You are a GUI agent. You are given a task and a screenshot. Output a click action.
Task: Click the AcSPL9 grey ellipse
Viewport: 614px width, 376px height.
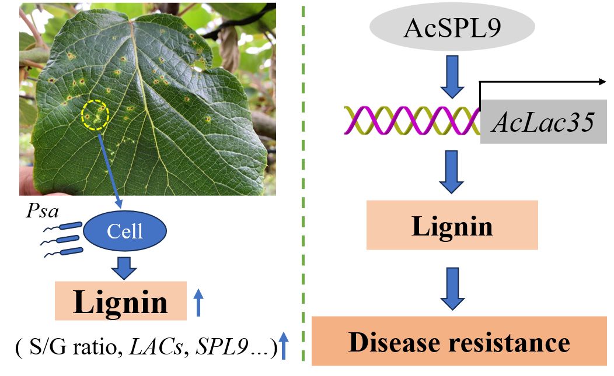point(452,29)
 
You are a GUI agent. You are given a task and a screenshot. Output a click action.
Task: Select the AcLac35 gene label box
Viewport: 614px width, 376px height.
point(543,122)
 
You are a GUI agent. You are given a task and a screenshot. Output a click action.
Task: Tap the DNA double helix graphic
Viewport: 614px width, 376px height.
point(411,118)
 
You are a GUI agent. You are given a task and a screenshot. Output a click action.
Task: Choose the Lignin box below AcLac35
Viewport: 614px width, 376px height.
point(452,225)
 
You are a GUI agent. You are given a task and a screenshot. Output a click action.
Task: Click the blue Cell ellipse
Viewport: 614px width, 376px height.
point(125,231)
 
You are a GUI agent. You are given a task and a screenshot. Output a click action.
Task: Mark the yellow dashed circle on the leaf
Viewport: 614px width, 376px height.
point(95,115)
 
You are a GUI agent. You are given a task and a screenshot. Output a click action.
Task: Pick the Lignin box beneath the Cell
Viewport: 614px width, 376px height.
point(120,301)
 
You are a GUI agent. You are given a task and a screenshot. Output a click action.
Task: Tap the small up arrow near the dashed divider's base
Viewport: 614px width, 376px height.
point(283,345)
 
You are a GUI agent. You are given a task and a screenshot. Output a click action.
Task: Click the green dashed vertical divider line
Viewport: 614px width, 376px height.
point(303,187)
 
